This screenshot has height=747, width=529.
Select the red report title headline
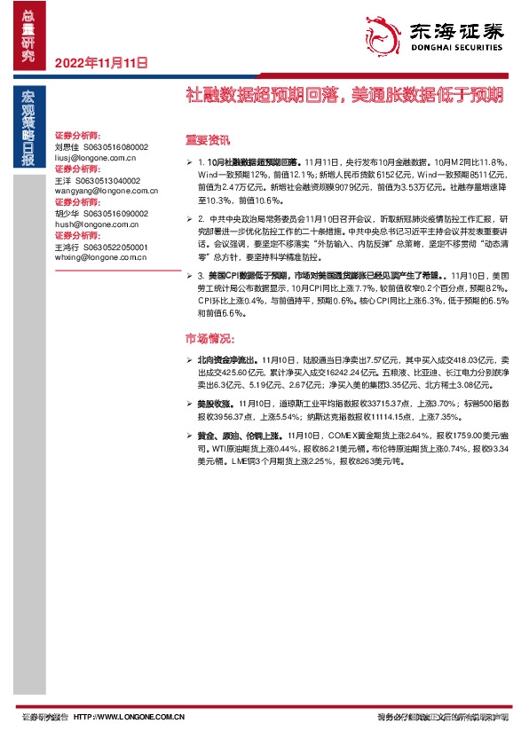[343, 93]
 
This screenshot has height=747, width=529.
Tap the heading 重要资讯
[206, 139]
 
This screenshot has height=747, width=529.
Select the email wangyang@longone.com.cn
[106, 191]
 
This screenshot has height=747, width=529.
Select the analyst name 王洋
[63, 180]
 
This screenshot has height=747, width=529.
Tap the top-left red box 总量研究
[28, 35]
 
